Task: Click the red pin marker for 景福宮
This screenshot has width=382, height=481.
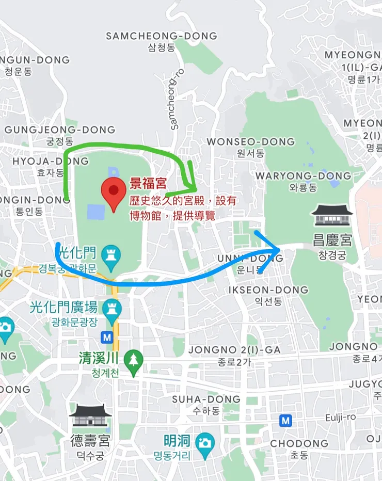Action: (112, 190)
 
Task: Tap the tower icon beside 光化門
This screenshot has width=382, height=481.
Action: (110, 254)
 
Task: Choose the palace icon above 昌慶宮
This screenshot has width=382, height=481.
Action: (332, 216)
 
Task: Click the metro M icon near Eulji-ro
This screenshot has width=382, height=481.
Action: (285, 421)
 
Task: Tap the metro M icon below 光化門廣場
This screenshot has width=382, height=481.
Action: (107, 337)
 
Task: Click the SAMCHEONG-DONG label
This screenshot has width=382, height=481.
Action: (162, 36)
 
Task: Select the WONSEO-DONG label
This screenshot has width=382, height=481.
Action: (251, 141)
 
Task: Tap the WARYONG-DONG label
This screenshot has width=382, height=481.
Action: (304, 175)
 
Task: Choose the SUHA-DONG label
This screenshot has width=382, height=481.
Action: (206, 399)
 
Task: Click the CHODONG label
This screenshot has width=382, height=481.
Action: (299, 443)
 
